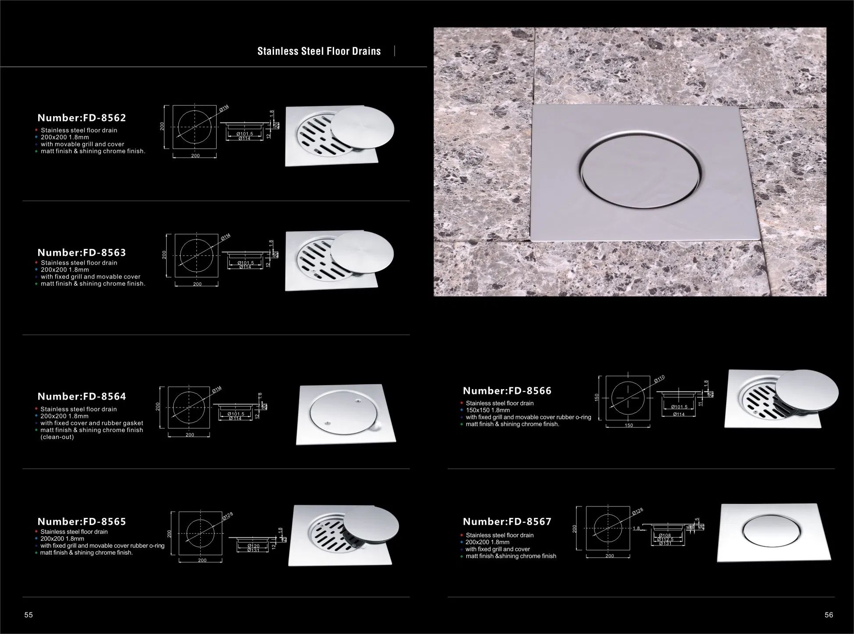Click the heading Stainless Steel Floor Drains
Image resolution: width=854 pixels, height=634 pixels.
pyautogui.click(x=319, y=51)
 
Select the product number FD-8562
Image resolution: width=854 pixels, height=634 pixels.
pyautogui.click(x=82, y=118)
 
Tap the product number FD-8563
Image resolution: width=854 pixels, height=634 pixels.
pyautogui.click(x=82, y=252)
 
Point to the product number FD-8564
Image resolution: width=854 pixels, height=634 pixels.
pyautogui.click(x=82, y=397)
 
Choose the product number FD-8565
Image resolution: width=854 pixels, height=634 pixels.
pyautogui.click(x=82, y=521)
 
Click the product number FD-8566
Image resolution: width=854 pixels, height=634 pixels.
pyautogui.click(x=507, y=391)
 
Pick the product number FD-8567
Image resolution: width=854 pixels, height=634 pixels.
pyautogui.click(x=507, y=521)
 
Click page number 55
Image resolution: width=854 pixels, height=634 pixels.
pyautogui.click(x=28, y=615)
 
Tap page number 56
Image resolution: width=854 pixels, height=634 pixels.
pyautogui.click(x=829, y=615)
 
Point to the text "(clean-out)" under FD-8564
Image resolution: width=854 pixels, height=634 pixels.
pyautogui.click(x=57, y=437)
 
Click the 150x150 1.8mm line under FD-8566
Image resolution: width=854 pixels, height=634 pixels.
pyautogui.click(x=487, y=410)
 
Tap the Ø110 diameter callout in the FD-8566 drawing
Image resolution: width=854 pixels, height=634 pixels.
pyautogui.click(x=659, y=379)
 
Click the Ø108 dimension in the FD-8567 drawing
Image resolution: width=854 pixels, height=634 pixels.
pyautogui.click(x=665, y=535)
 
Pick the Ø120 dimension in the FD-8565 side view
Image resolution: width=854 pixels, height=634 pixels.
pyautogui.click(x=253, y=546)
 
